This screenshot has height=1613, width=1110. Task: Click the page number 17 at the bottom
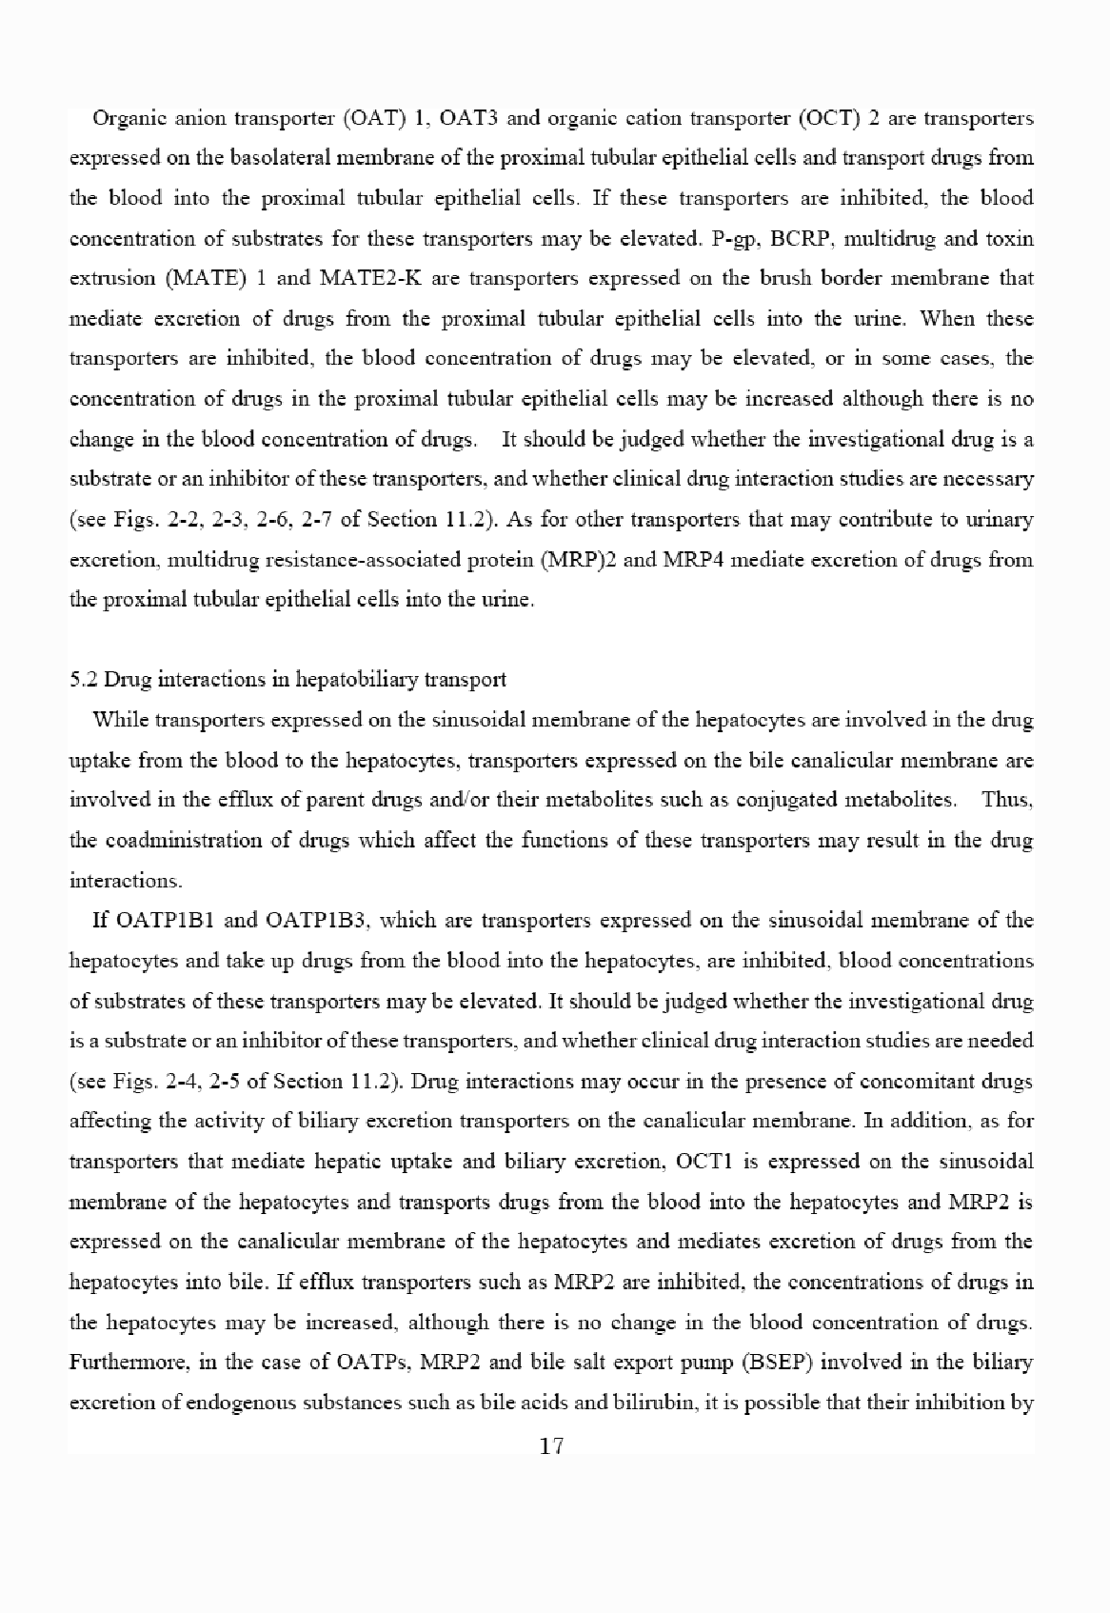coord(552,1447)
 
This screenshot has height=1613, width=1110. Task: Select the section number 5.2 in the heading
coord(84,680)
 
